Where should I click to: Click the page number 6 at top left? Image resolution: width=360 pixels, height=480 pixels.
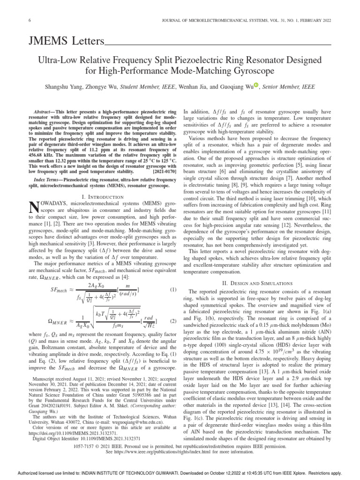point(30,20)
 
